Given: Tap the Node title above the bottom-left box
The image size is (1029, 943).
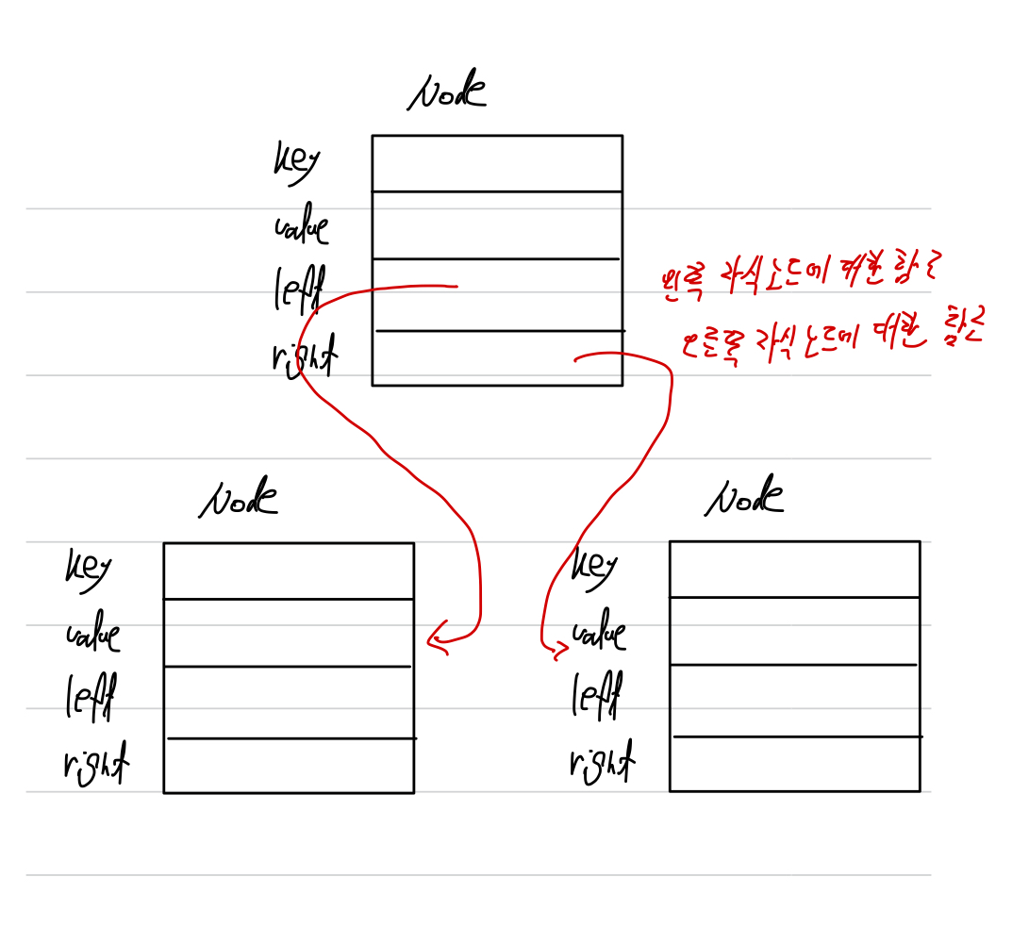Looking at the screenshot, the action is (239, 499).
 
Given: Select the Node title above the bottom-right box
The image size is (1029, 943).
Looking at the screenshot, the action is (744, 497).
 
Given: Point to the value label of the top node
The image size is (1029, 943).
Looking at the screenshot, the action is (301, 226).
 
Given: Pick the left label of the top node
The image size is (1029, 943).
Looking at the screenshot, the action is (299, 289).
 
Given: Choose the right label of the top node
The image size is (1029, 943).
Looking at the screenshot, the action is (306, 357).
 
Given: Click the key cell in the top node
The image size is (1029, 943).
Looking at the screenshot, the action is (497, 164).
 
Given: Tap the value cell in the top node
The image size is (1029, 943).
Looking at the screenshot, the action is (497, 225).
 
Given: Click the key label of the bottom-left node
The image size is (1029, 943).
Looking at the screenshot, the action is (88, 566).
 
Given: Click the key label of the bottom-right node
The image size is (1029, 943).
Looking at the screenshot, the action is (594, 565).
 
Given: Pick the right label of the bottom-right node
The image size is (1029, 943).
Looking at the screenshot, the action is (602, 761).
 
